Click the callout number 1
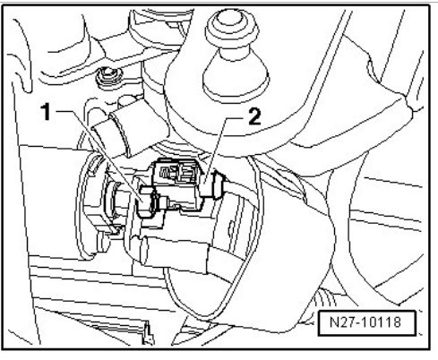click(47, 112)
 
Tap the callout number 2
click(254, 116)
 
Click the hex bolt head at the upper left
click(108, 75)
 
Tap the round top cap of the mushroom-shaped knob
click(232, 26)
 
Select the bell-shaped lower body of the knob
click(236, 78)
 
